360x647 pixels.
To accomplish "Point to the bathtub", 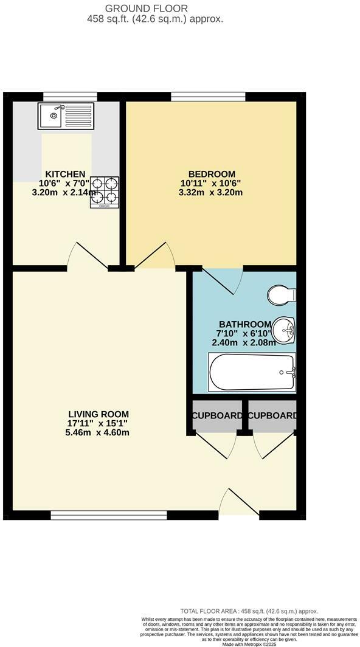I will [x=252, y=372].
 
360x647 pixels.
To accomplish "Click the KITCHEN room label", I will [x=62, y=174].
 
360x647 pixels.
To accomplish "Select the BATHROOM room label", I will [x=244, y=324].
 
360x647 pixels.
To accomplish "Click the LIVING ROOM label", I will [x=99, y=414].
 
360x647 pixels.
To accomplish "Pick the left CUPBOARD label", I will [x=217, y=416].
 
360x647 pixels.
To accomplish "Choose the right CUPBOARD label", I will [x=273, y=416].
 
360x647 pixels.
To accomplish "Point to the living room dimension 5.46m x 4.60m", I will [x=99, y=433].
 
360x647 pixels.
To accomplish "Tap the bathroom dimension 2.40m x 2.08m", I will [x=244, y=342].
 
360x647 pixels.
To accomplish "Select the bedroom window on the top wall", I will [x=208, y=96].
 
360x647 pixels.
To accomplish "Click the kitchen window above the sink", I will [x=71, y=96].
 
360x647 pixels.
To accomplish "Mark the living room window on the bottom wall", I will [x=109, y=516].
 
